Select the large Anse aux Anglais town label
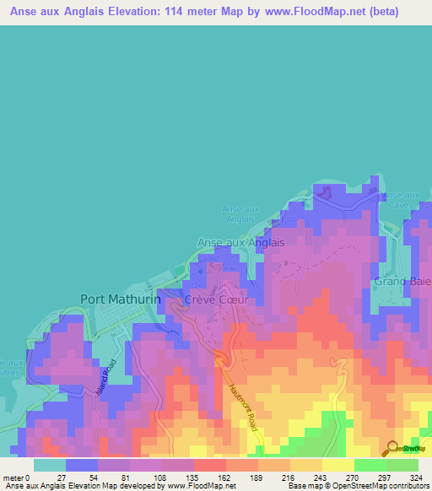pyautogui.click(x=240, y=241)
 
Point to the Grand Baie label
pyautogui.click(x=403, y=281)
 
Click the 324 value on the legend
pyautogui.click(x=414, y=477)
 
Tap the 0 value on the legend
pyautogui.click(x=28, y=477)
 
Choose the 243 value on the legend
pyautogui.click(x=321, y=477)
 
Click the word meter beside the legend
pyautogui.click(x=12, y=477)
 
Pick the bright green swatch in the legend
pyautogui.click(x=370, y=465)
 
